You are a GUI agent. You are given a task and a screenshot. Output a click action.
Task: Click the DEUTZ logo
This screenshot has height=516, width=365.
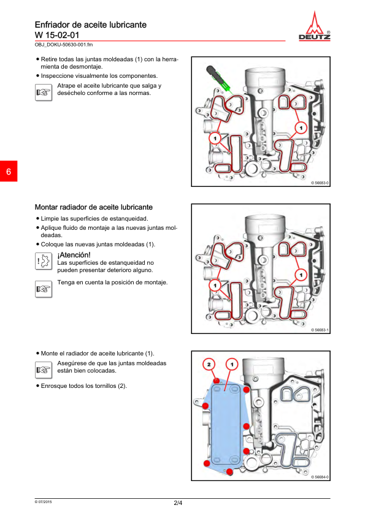[314, 26]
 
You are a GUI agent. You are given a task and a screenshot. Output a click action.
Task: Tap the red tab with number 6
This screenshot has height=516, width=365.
[9, 171]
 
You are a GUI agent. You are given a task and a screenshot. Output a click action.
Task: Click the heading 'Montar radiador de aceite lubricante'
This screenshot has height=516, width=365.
[94, 207]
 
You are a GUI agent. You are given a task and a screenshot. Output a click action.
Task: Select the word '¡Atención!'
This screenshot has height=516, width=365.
[74, 255]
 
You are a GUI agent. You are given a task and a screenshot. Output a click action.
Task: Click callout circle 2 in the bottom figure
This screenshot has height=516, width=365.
[209, 364]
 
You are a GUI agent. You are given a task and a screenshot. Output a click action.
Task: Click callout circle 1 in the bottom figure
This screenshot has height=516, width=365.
[232, 364]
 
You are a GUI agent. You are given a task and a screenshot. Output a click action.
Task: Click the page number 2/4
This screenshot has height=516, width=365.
[178, 503]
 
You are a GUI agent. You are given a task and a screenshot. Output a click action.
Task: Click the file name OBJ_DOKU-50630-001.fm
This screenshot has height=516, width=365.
[64, 45]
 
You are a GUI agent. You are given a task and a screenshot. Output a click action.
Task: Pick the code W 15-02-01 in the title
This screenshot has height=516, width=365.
[57, 35]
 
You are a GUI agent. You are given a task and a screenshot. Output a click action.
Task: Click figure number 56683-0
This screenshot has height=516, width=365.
[321, 183]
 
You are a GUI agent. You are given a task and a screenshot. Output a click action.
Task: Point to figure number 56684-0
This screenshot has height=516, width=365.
[321, 477]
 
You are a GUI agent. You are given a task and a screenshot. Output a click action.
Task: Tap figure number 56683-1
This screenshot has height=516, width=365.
[321, 330]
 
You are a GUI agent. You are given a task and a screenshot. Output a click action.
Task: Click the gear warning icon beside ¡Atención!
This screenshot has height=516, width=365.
[44, 261]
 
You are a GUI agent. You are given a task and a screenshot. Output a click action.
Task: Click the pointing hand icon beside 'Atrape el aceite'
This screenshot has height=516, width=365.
[44, 93]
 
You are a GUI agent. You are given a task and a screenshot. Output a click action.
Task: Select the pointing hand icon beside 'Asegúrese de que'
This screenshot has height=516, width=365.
[44, 370]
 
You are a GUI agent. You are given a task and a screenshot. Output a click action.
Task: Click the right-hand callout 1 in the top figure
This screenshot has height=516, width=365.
[301, 127]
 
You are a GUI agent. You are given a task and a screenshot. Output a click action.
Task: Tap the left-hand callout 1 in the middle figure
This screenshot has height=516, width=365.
[215, 286]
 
